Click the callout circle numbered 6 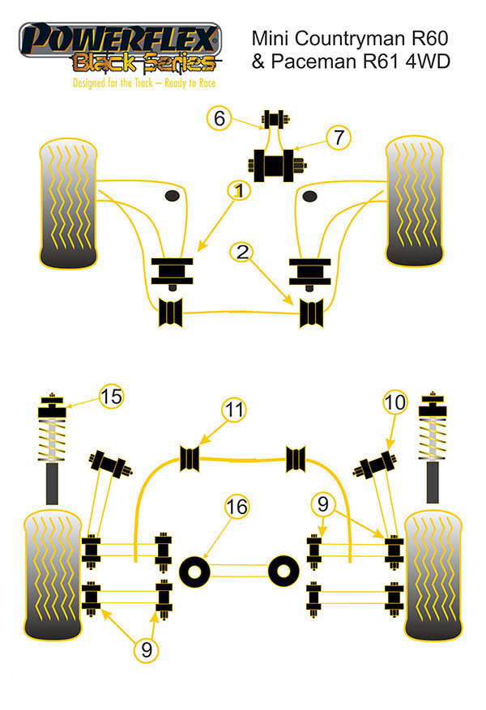pos(218,119)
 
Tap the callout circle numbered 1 pos(238,191)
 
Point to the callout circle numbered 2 pos(241,253)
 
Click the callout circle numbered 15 pos(112,397)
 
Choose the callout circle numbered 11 pos(234,410)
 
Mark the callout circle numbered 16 pos(237,508)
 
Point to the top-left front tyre pos(68,203)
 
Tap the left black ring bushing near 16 pos(195,570)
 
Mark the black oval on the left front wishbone pos(172,197)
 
